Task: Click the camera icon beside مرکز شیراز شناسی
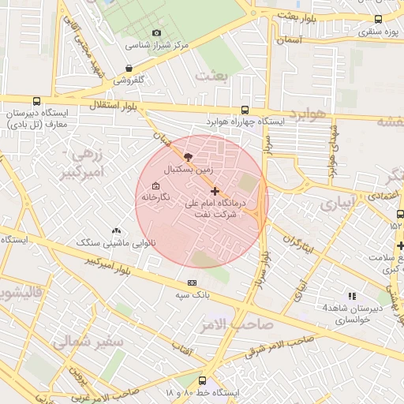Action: point(156,33)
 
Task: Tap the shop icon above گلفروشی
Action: point(129,68)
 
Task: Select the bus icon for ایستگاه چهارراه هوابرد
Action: point(244,110)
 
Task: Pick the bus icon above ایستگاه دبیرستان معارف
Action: point(37,100)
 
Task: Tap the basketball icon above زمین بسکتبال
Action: point(187,157)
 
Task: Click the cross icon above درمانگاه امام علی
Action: point(215,191)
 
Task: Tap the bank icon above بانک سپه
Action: point(192,282)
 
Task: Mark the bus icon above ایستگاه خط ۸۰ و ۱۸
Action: point(202,380)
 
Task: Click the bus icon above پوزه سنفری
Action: point(378,19)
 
